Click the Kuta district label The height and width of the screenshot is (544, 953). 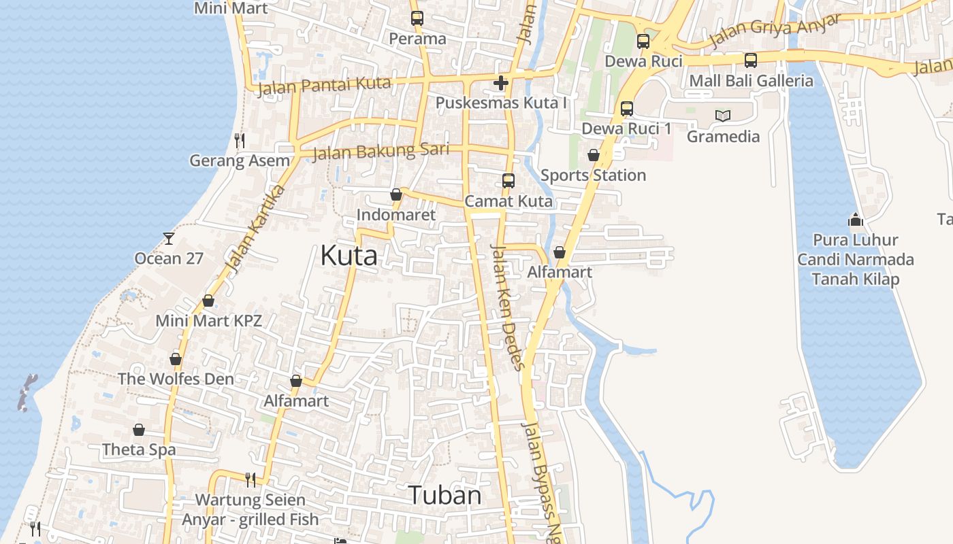pyautogui.click(x=349, y=256)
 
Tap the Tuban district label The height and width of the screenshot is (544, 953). pyautogui.click(x=445, y=495)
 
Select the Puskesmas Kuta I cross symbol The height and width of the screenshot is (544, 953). pyautogui.click(x=501, y=84)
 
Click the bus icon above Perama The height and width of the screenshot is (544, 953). pyautogui.click(x=417, y=18)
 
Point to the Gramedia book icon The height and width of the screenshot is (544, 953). pyautogui.click(x=722, y=116)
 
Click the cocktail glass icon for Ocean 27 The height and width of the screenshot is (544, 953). pyautogui.click(x=169, y=239)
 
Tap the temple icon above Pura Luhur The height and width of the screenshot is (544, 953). pyautogui.click(x=856, y=220)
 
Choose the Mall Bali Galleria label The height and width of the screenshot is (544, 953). pyautogui.click(x=751, y=81)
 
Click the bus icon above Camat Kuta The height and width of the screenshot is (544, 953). pyautogui.click(x=508, y=181)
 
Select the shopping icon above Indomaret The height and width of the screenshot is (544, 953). pyautogui.click(x=396, y=195)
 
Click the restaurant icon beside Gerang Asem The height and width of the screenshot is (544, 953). pyautogui.click(x=239, y=141)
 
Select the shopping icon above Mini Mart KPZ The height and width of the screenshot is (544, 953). pyautogui.click(x=208, y=301)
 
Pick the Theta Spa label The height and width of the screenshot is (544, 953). pyautogui.click(x=139, y=449)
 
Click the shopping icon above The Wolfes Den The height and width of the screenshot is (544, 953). pyautogui.click(x=176, y=359)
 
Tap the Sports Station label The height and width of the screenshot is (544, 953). pyautogui.click(x=593, y=175)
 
